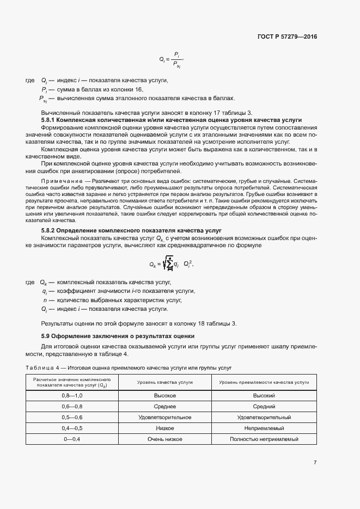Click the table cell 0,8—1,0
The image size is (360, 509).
click(x=72, y=395)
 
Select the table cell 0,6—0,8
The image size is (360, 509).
click(x=72, y=406)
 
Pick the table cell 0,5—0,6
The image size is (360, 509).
click(x=72, y=417)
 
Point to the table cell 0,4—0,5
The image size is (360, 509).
click(x=72, y=428)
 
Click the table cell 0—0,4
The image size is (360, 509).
click(x=72, y=439)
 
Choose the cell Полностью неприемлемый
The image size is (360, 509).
click(x=264, y=439)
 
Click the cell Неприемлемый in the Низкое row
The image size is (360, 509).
click(x=264, y=428)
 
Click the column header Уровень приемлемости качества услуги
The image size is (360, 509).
click(x=264, y=382)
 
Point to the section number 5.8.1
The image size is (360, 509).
click(x=48, y=119)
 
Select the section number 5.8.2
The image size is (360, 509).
click(x=48, y=231)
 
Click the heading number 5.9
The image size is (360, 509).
click(x=46, y=335)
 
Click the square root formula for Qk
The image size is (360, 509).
click(x=171, y=265)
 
